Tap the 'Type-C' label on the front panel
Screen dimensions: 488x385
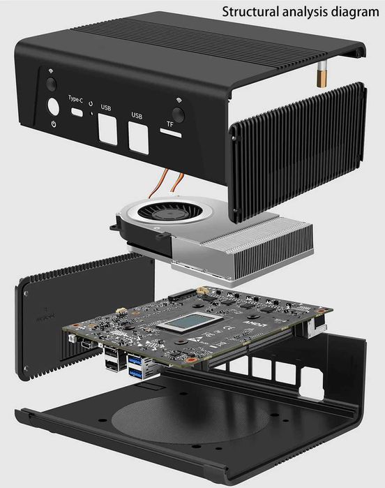pyautogui.click(x=76, y=99)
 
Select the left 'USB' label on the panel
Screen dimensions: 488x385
pyautogui.click(x=106, y=108)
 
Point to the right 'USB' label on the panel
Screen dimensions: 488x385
pyautogui.click(x=137, y=116)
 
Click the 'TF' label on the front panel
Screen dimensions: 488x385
pyautogui.click(x=170, y=124)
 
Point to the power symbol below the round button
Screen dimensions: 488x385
pyautogui.click(x=54, y=125)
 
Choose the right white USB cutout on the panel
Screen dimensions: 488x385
pyautogui.click(x=138, y=139)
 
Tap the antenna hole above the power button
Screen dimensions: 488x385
pyautogui.click(x=50, y=83)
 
